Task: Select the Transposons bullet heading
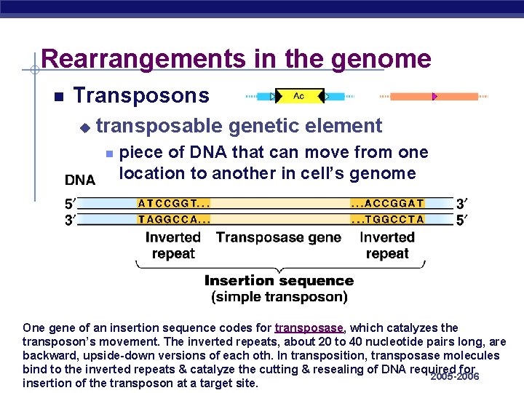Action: click(x=141, y=96)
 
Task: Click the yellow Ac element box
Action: click(x=299, y=96)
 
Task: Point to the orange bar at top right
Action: click(x=434, y=97)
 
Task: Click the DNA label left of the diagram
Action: click(x=80, y=180)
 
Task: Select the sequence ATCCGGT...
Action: click(x=174, y=204)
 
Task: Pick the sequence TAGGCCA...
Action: click(x=174, y=218)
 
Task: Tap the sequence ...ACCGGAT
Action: click(x=387, y=204)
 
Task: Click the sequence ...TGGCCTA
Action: click(x=387, y=218)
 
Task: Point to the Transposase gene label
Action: click(x=279, y=237)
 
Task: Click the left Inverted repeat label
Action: click(x=173, y=245)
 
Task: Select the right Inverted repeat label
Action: click(x=387, y=245)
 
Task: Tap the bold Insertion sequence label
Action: click(x=279, y=281)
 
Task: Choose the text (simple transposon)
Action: click(x=279, y=297)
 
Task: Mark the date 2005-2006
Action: click(x=455, y=376)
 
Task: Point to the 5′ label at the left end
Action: click(x=69, y=205)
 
